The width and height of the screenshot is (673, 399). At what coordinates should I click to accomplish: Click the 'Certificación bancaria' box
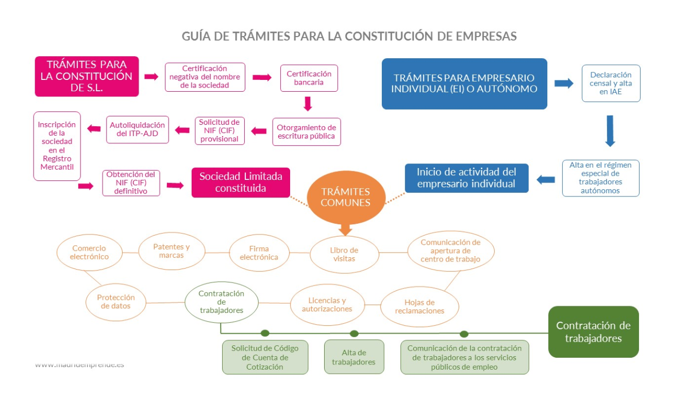[309, 78]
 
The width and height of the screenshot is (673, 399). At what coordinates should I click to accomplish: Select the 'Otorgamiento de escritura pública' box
[306, 132]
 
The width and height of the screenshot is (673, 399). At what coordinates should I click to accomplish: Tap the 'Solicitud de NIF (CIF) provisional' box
[220, 130]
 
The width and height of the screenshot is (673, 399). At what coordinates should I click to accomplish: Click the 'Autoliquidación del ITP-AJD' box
[137, 129]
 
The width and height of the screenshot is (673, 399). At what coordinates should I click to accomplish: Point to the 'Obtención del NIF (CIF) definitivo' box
[131, 183]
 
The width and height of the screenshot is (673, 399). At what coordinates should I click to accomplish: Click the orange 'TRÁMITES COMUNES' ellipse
[345, 197]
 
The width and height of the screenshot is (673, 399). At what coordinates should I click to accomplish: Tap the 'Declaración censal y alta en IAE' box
[611, 83]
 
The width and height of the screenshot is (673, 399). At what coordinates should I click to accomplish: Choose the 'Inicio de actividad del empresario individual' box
[466, 178]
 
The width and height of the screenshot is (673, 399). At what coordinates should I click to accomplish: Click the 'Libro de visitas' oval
[344, 254]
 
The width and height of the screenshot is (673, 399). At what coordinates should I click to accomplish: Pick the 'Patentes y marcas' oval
[171, 251]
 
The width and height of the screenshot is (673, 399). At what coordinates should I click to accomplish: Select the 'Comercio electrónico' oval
[89, 252]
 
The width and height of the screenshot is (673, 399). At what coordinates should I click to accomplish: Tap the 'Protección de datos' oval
[115, 302]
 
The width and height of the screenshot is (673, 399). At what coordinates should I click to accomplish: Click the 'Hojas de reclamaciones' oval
[419, 306]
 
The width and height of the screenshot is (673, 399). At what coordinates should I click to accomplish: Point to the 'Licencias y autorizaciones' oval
[327, 305]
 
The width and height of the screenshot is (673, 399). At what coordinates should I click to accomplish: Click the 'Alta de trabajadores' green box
[354, 357]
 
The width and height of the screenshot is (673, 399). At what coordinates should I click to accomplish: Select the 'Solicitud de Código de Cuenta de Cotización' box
[265, 357]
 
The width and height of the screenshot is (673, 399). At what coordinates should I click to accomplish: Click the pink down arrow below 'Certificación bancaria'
[308, 104]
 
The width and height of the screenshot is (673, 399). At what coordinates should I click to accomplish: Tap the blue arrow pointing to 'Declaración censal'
[564, 84]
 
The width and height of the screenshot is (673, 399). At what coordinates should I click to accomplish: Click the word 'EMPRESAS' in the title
[486, 36]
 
